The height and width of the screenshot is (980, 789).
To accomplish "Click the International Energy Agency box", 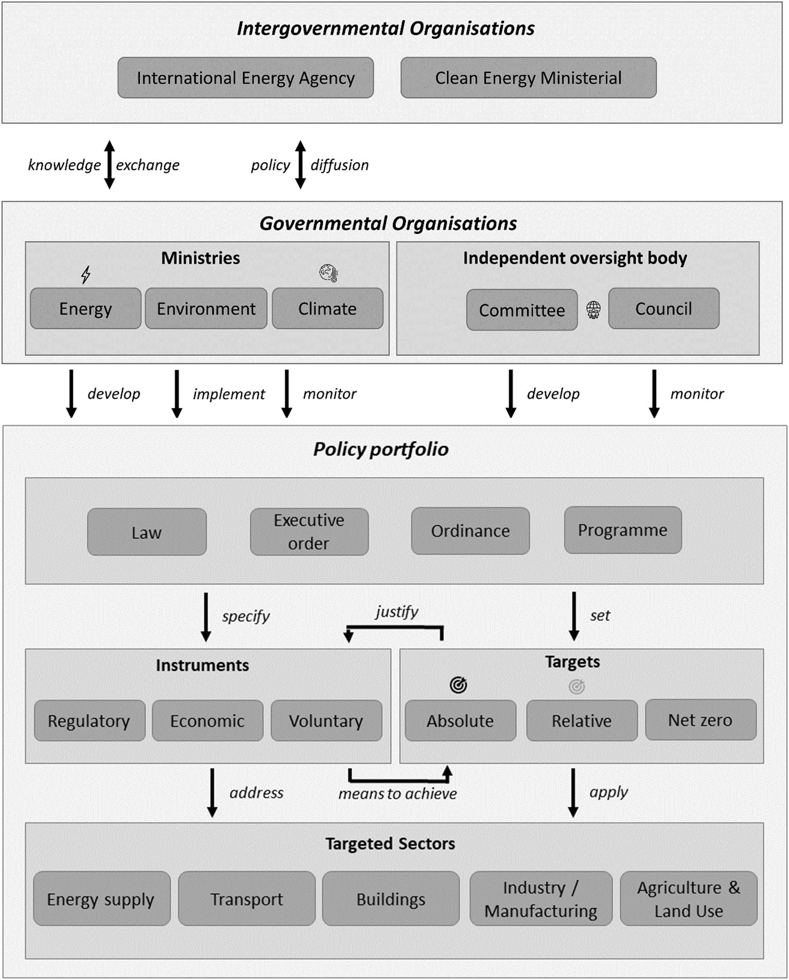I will [x=245, y=78].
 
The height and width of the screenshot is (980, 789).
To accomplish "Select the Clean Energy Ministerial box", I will [x=528, y=78].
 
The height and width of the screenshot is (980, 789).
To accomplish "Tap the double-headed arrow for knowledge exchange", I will [x=110, y=165].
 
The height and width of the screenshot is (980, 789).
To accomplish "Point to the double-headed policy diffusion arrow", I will [x=300, y=165].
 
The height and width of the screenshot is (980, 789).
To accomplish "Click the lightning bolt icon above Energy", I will [x=86, y=275].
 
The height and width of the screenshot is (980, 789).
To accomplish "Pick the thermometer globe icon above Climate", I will [x=329, y=273].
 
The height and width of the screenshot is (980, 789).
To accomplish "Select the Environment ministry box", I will [x=206, y=309].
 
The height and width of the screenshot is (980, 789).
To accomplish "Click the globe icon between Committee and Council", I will [x=593, y=310].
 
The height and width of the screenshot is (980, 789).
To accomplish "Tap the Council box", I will [x=664, y=309].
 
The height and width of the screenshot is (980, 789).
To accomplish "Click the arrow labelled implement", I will [x=177, y=393].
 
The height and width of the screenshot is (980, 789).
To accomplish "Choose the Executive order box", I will [x=309, y=532].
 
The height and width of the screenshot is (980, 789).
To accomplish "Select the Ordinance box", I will [x=470, y=531].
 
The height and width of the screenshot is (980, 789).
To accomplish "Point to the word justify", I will [x=397, y=612].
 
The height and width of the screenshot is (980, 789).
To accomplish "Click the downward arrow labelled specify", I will [x=206, y=617].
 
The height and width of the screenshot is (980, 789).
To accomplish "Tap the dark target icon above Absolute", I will [x=458, y=685].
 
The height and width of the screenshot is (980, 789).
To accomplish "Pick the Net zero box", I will [x=700, y=720].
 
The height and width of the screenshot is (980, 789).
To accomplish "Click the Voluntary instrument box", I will [x=326, y=721].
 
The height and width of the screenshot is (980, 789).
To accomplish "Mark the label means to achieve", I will [x=397, y=794].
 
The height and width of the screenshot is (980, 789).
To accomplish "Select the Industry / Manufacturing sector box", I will [x=541, y=899].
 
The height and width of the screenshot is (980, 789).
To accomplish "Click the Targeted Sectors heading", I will [x=390, y=844].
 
